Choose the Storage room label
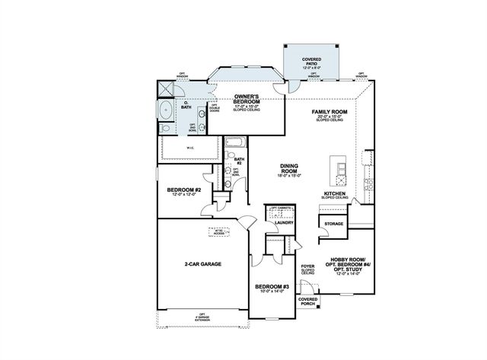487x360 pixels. pyautogui.click(x=333, y=224)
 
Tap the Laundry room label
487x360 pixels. pyautogui.click(x=285, y=223)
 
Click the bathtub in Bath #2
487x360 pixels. pyautogui.click(x=234, y=142)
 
